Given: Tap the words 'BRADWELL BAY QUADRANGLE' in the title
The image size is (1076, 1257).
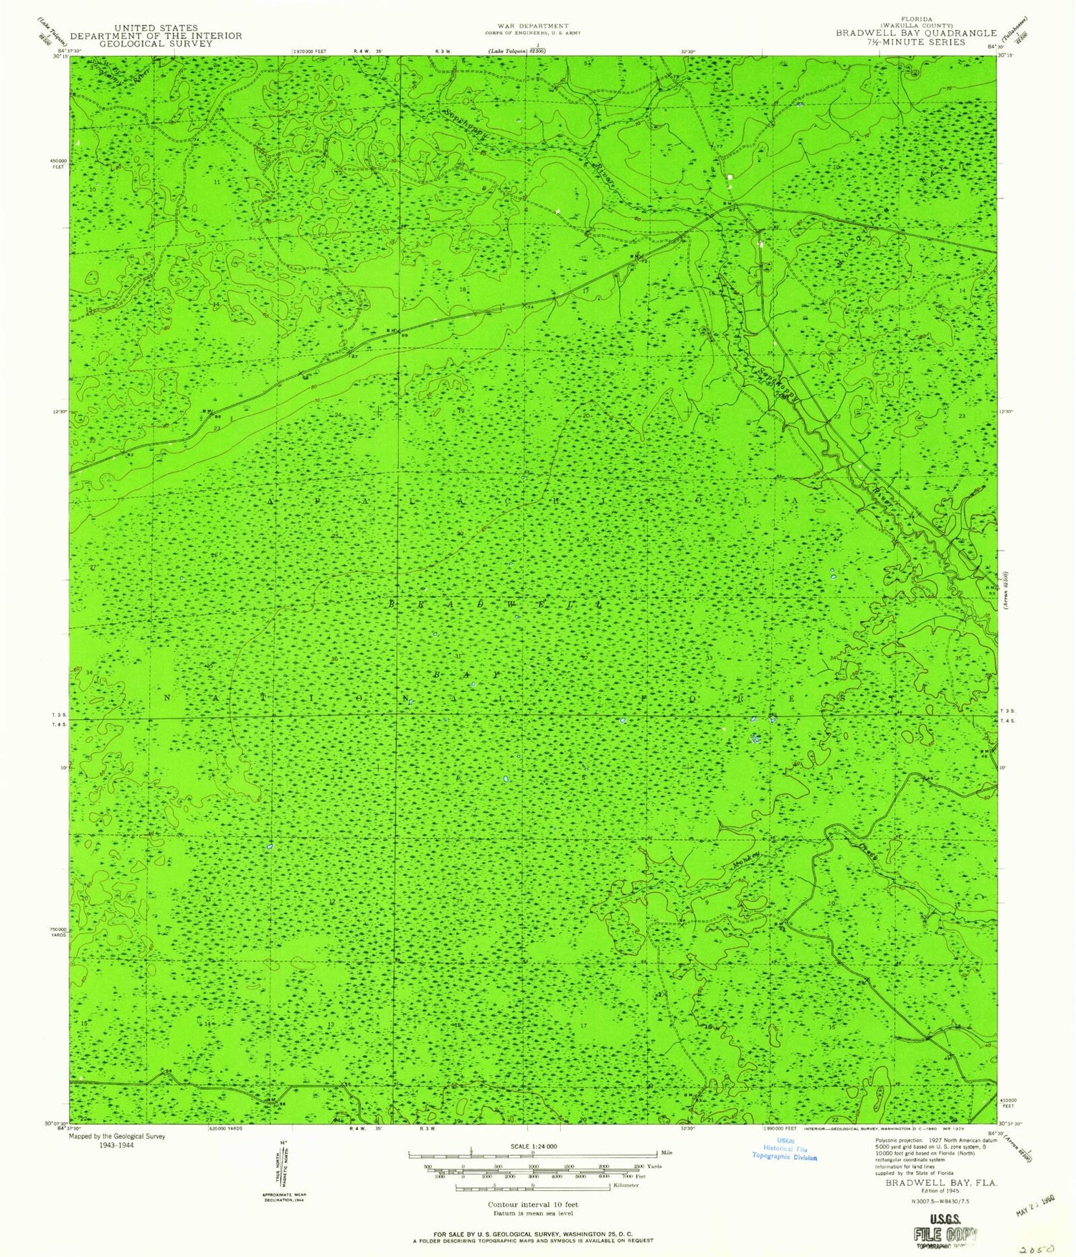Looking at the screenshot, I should pos(915,33).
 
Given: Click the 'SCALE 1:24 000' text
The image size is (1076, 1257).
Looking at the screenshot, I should pos(532,1146).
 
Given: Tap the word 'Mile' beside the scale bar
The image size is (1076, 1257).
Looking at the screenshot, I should pos(666,1152).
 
